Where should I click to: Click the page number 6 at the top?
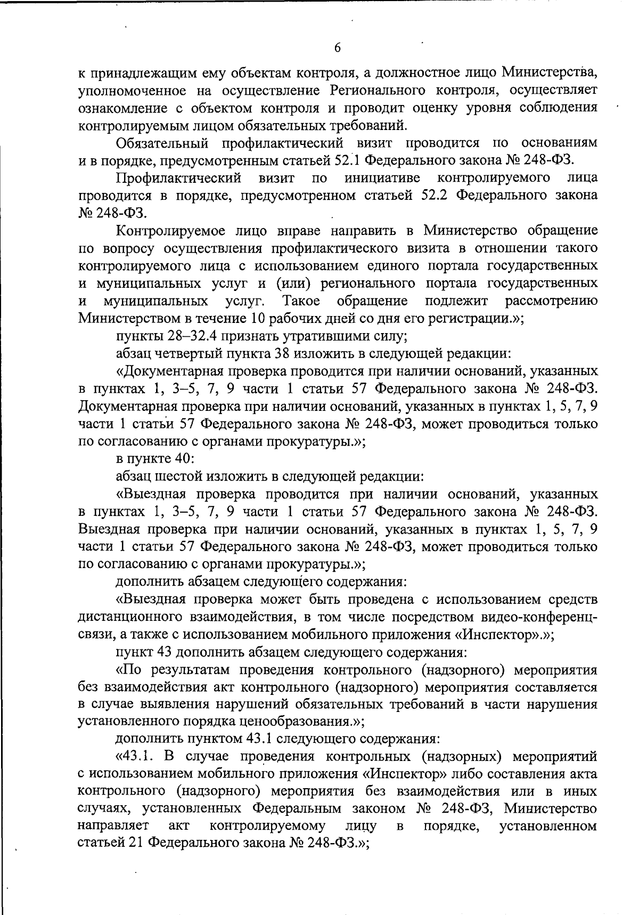coord(337,48)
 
